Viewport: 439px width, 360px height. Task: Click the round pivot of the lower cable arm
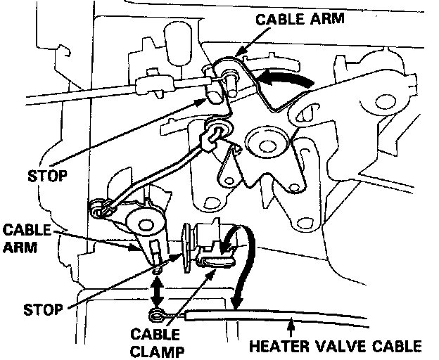148,225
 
